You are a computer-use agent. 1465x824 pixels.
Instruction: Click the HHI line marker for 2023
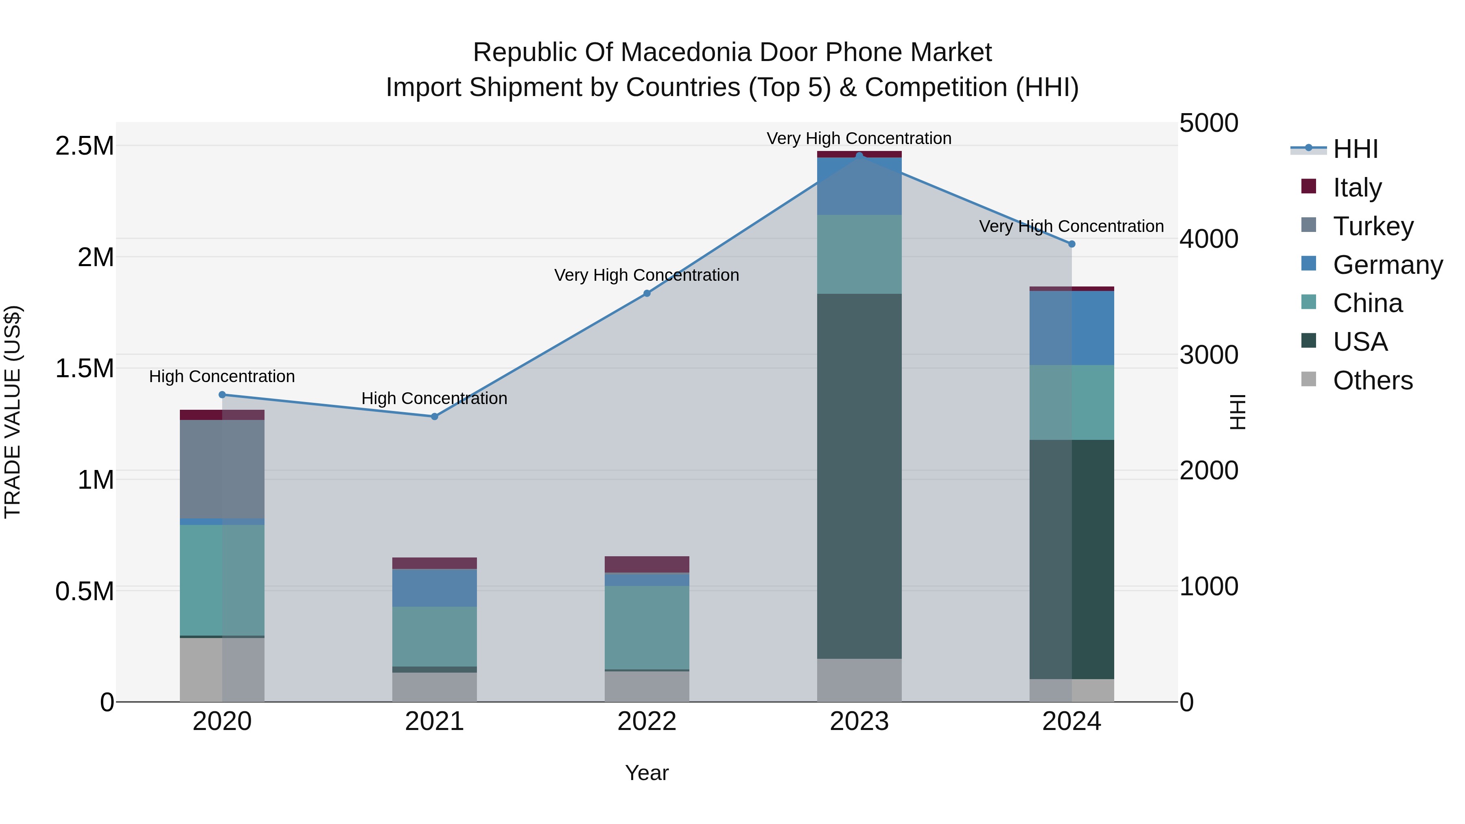pyautogui.click(x=859, y=155)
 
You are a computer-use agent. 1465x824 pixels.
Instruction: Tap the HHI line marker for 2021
pyautogui.click(x=435, y=416)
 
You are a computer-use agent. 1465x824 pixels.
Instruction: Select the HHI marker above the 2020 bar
pyautogui.click(x=222, y=395)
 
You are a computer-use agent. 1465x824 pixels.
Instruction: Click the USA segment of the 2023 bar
pyautogui.click(x=859, y=476)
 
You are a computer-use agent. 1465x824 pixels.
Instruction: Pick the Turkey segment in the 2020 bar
pyautogui.click(x=222, y=469)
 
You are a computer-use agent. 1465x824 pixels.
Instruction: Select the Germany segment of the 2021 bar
pyautogui.click(x=435, y=588)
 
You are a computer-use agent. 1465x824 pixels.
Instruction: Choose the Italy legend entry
pyautogui.click(x=1356, y=187)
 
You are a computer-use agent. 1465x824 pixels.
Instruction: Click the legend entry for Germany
pyautogui.click(x=1387, y=264)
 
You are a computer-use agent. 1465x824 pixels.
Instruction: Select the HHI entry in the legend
pyautogui.click(x=1355, y=149)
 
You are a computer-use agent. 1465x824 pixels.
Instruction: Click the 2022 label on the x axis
pyautogui.click(x=647, y=721)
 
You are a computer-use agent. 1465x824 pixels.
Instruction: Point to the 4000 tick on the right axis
pyautogui.click(x=1209, y=239)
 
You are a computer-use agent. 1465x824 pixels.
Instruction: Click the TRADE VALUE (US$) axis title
pyautogui.click(x=13, y=412)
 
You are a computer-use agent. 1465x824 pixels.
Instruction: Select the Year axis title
pyautogui.click(x=647, y=773)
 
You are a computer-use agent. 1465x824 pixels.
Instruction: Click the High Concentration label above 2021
pyautogui.click(x=435, y=398)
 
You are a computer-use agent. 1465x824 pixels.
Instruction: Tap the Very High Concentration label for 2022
pyautogui.click(x=647, y=275)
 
